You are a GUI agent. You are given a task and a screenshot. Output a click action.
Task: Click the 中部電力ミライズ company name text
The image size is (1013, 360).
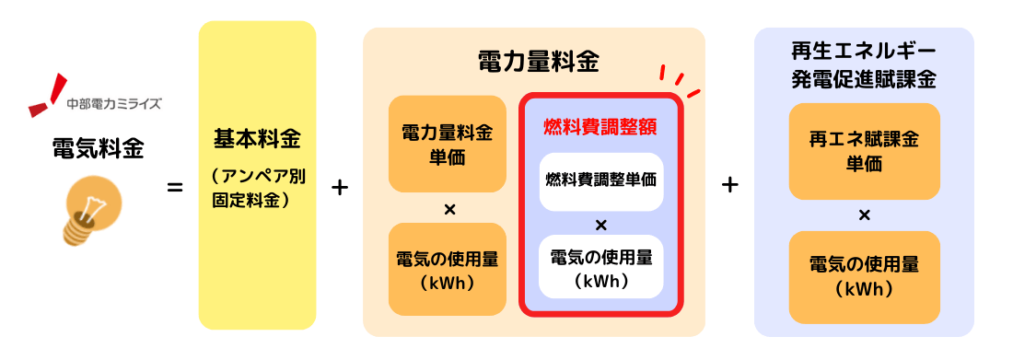tap(115, 103)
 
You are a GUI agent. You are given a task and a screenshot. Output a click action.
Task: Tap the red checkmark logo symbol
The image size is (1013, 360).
tap(47, 97)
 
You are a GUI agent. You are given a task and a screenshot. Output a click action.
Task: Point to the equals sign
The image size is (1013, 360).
tap(174, 189)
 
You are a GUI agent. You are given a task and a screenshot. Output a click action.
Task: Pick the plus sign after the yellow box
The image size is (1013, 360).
tap(340, 188)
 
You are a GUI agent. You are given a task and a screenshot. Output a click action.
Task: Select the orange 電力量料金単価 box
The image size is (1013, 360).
tap(448, 145)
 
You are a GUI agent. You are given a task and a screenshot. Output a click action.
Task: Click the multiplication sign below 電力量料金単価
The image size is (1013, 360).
tap(449, 209)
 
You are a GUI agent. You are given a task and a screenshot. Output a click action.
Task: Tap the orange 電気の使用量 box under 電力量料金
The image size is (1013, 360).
tap(448, 269)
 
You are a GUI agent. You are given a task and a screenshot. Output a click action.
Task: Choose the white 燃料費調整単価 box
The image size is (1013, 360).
tap(600, 179)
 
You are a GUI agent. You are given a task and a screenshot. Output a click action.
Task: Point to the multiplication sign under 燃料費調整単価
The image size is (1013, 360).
tap(600, 225)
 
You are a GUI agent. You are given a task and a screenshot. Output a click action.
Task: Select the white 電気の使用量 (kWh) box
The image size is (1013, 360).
tap(600, 268)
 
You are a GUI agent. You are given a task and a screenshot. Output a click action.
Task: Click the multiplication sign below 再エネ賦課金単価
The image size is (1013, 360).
tap(864, 215)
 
